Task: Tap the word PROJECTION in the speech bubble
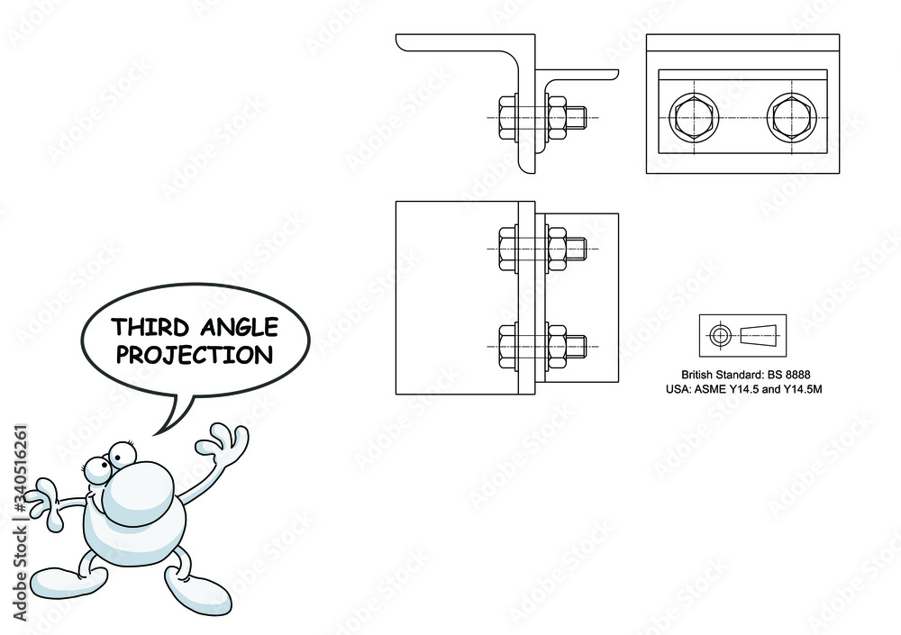[195, 355]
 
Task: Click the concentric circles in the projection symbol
[720, 336]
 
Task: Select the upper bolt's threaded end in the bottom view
[581, 247]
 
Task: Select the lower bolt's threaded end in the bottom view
[581, 345]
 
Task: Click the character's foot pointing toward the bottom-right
[196, 594]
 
